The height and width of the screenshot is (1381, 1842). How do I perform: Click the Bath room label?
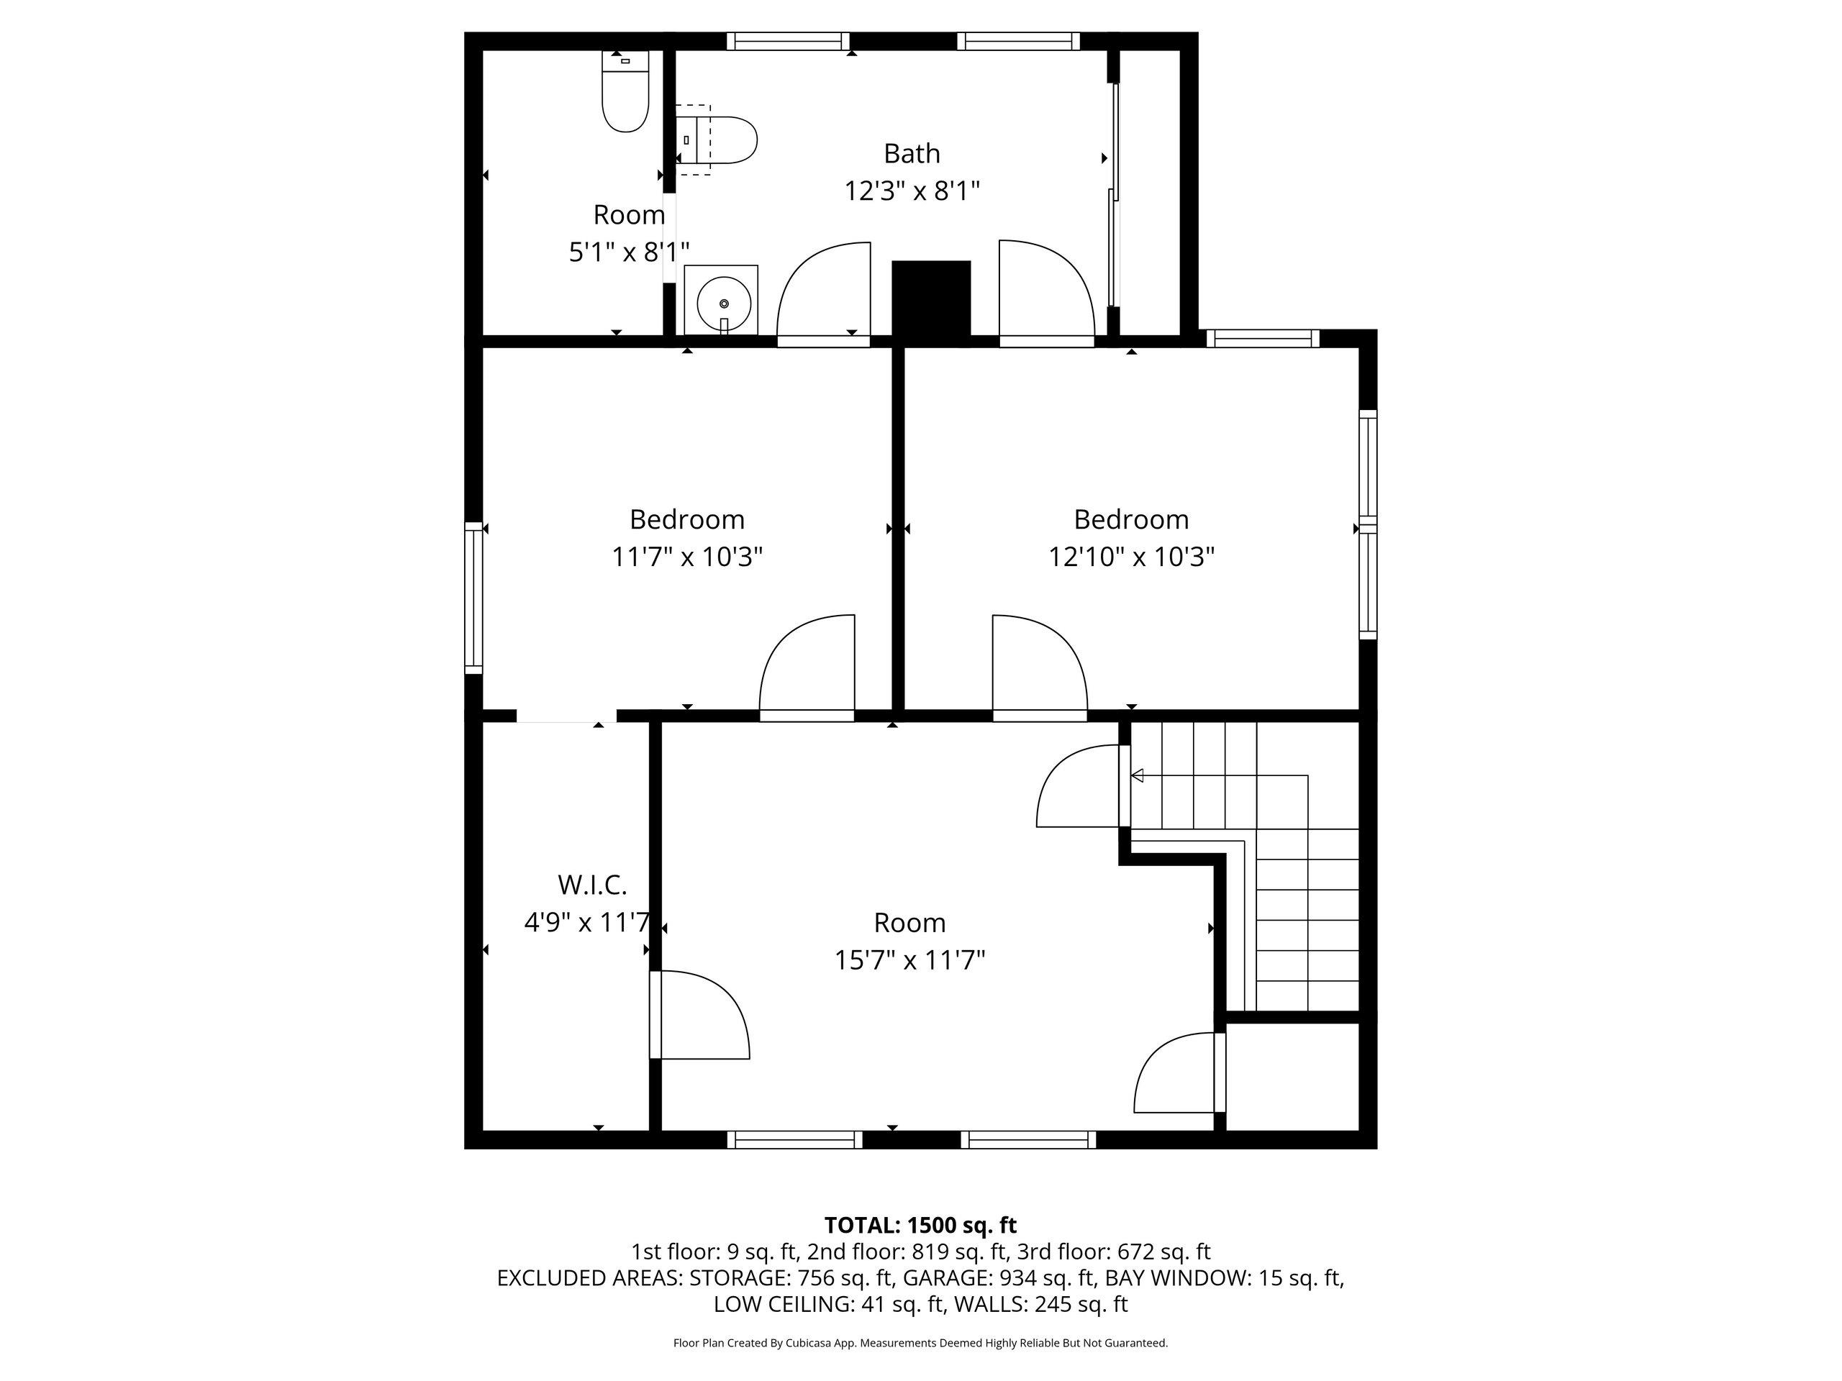point(912,154)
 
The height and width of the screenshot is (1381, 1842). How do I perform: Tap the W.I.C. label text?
point(592,884)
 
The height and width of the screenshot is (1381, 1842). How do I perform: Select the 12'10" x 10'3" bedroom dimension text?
point(1131,557)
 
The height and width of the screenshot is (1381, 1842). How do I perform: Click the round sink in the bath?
point(721,301)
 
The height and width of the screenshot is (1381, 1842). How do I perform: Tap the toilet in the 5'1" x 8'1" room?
point(625,91)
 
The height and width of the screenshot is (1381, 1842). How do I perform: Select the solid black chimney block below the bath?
point(931,298)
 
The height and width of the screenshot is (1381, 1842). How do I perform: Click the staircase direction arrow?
point(1137,776)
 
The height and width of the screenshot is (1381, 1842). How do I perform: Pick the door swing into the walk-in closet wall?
point(699,1015)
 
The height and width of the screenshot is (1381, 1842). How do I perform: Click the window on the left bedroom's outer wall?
point(473,598)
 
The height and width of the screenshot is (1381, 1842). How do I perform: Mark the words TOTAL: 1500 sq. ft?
point(920,1226)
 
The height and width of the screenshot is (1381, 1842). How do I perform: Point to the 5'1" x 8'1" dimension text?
point(629,252)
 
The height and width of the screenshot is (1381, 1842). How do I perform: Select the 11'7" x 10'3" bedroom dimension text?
point(687,557)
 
